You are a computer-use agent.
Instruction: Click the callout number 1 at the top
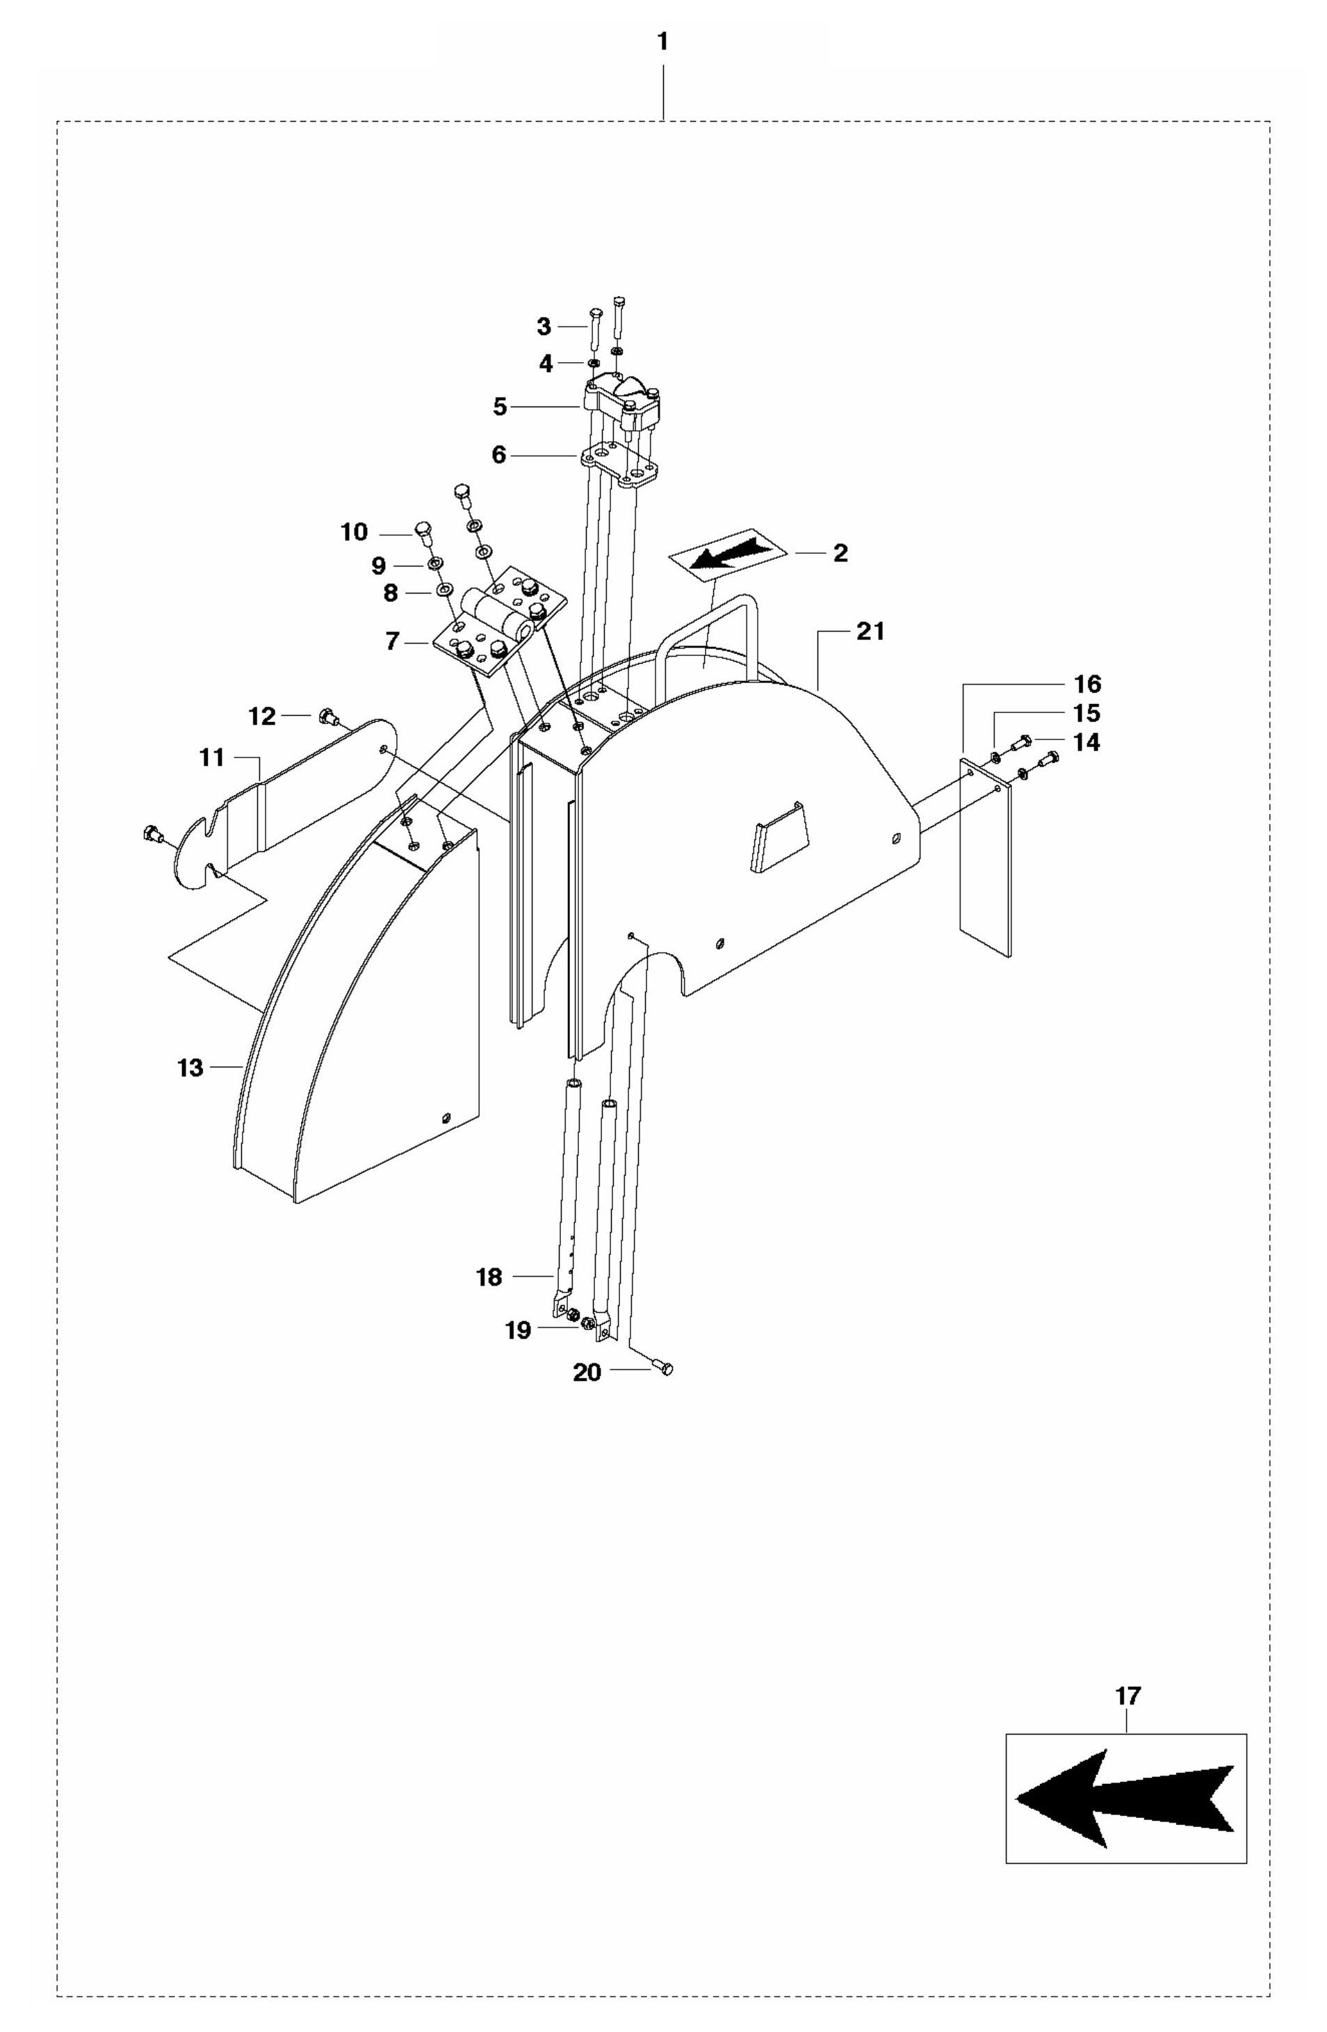(662, 42)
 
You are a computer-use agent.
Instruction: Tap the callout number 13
(190, 1067)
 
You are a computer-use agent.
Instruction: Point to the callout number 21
(870, 632)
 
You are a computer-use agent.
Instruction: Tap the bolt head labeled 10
(423, 531)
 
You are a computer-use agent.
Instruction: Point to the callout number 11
(211, 757)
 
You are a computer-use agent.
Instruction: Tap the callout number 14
(1086, 742)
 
